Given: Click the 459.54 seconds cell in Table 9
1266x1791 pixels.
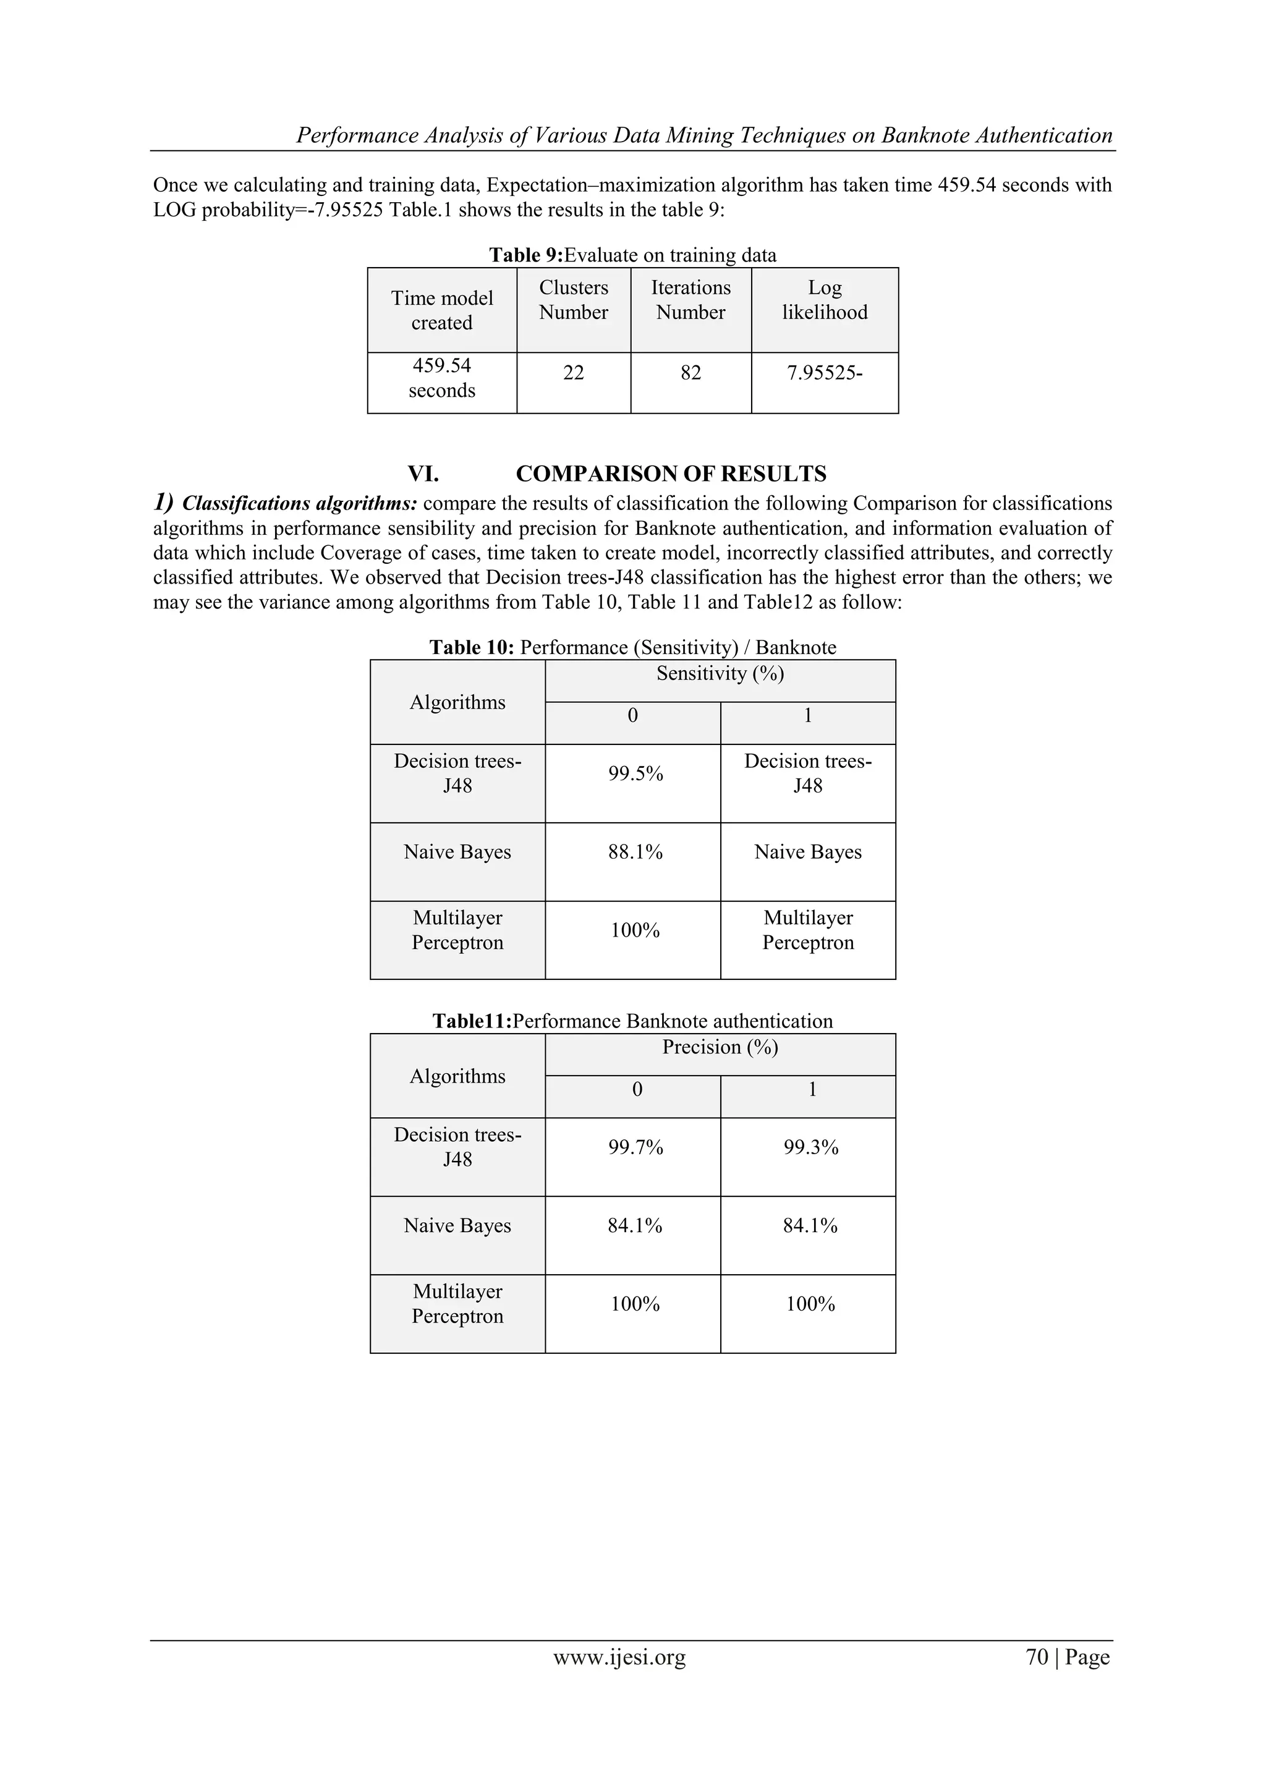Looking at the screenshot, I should tap(441, 378).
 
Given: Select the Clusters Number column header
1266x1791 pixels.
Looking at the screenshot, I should tap(573, 300).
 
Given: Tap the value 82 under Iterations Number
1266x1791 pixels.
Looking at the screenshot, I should tap(690, 373).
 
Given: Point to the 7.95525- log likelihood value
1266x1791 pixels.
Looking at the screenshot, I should tap(825, 373).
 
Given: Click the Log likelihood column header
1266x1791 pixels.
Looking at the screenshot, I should tap(825, 300).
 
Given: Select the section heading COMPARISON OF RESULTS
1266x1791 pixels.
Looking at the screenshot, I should tap(671, 474).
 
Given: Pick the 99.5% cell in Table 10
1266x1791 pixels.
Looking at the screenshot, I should tap(635, 774).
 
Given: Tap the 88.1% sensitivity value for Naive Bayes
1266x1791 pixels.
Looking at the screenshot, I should tap(635, 853).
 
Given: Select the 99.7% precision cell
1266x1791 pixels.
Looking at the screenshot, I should tap(635, 1147).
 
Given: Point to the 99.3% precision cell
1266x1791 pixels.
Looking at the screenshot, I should tap(810, 1147).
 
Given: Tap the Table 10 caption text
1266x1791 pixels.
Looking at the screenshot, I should tap(632, 647).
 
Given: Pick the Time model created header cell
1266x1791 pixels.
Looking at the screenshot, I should tap(441, 310).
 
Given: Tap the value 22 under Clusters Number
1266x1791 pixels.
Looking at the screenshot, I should tap(573, 373).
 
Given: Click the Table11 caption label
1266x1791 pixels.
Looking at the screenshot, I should tap(472, 1021).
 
